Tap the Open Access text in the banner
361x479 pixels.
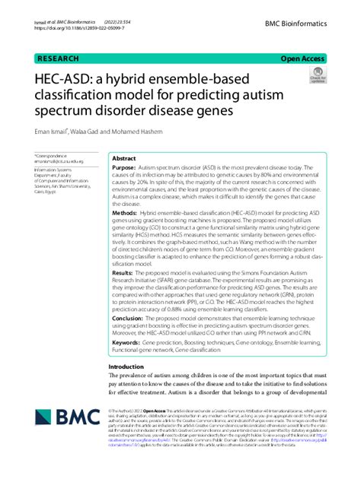303,57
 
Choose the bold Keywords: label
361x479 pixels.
129,343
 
